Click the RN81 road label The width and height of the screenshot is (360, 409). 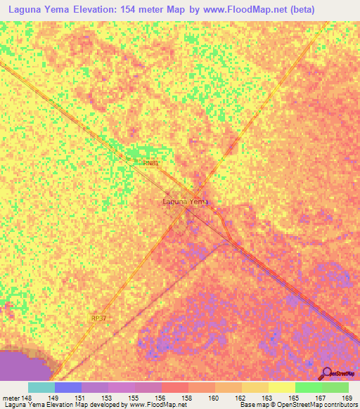point(150,162)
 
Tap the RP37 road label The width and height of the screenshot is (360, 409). point(99,318)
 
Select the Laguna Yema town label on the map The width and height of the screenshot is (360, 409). point(186,202)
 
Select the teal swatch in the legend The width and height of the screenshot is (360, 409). point(41,387)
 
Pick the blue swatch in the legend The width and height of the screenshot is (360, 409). point(68,387)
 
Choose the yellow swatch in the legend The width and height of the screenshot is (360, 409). point(281,387)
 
